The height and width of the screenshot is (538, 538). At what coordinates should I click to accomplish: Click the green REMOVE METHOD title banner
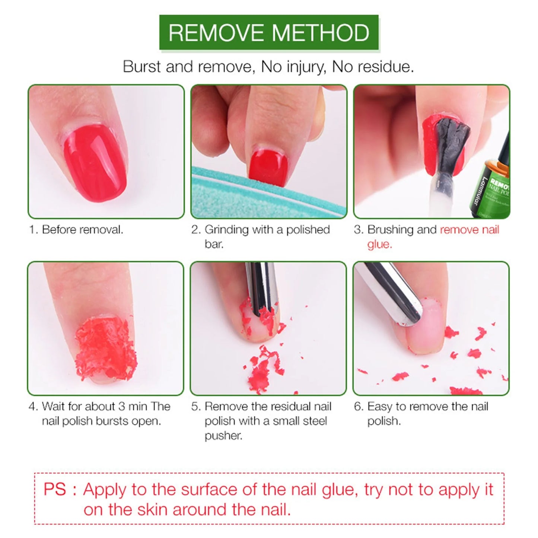tap(269, 33)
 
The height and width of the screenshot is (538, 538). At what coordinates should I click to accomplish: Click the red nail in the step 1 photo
tap(95, 162)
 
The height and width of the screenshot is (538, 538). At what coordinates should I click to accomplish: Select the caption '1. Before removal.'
tap(76, 230)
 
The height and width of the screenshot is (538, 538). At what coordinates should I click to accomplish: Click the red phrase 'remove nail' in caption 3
tap(469, 230)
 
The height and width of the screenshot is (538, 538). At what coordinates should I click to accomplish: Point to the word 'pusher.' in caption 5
tap(223, 436)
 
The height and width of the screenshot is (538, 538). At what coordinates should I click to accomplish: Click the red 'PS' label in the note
tap(55, 489)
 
